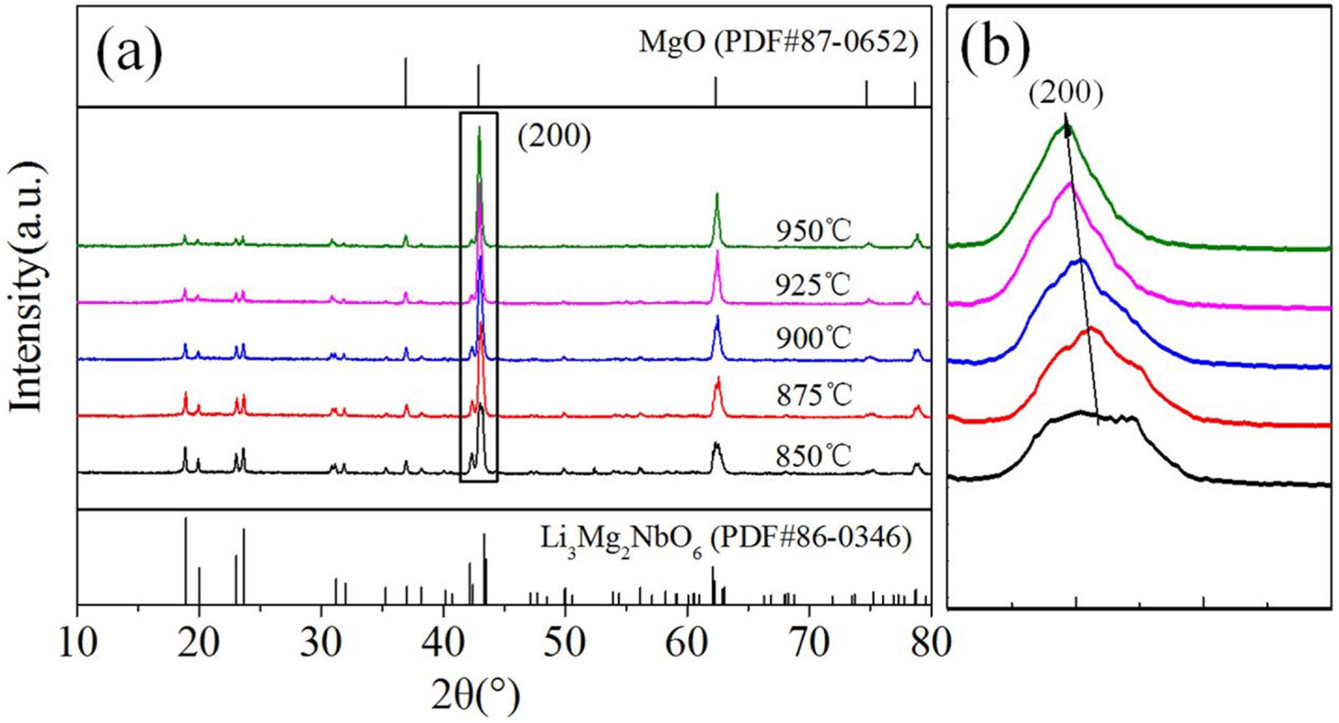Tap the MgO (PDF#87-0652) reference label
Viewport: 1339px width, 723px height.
pos(778,44)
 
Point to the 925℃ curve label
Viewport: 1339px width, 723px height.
pos(812,285)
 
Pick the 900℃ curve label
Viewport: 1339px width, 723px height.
pos(812,338)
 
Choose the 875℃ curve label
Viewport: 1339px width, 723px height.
pos(812,396)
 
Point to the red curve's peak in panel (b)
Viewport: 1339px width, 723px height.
pos(1091,330)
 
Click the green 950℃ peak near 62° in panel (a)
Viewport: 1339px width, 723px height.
pos(717,195)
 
